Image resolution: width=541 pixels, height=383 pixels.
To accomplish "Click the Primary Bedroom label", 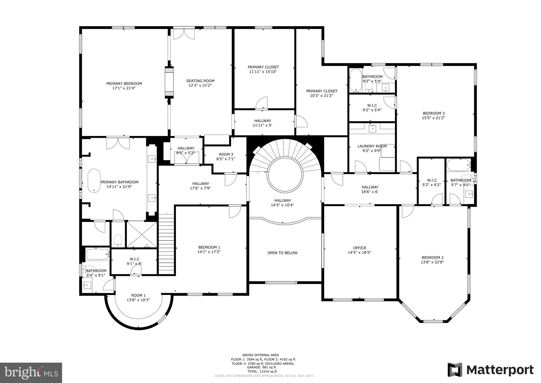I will (124, 84).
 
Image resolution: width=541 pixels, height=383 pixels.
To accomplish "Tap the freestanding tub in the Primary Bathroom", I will (94, 181).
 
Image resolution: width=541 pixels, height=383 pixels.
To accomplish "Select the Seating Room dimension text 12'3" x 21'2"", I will (200, 85).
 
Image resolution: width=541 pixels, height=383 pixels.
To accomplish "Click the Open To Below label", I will (282, 253).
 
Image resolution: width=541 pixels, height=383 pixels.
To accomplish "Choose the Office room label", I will (360, 248).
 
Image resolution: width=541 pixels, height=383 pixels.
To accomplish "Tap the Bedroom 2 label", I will (432, 257).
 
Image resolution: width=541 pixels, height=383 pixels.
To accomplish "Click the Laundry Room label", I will (372, 146).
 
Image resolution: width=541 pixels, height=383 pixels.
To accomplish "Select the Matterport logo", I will (490, 370).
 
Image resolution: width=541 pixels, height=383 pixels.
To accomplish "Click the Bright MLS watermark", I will (31, 373).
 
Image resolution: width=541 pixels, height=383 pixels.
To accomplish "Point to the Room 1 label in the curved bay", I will (138, 295).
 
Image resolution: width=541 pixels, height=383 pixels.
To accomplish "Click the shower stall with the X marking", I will (142, 234).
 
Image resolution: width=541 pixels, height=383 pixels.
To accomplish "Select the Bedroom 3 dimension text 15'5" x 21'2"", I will (433, 118).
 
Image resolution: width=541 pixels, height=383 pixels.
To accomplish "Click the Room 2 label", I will (226, 154).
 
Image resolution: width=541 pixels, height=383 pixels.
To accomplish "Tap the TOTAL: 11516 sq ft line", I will (261, 371).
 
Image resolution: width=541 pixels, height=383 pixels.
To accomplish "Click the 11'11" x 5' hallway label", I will (262, 125).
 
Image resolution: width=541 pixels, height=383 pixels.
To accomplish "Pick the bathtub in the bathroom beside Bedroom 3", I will (356, 80).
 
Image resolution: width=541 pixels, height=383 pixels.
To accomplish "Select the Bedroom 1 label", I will (209, 247).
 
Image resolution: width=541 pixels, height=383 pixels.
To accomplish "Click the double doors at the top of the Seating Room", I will (184, 34).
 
